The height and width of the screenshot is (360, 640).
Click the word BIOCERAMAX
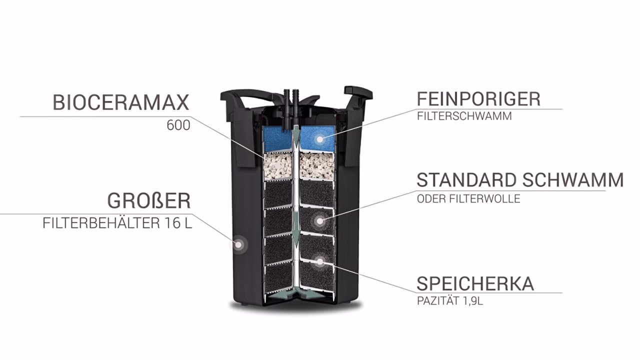tap(121, 102)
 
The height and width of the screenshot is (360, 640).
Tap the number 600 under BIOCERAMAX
tap(178, 125)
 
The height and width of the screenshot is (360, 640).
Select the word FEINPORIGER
tap(479, 99)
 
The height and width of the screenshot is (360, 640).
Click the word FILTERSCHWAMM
tap(464, 116)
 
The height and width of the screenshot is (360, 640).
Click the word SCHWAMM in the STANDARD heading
tap(573, 180)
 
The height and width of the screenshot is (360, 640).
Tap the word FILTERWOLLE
tap(484, 198)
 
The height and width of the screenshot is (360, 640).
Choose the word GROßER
tap(149, 201)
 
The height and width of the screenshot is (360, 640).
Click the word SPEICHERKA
tap(475, 283)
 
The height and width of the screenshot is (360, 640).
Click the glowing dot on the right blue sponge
tap(320, 139)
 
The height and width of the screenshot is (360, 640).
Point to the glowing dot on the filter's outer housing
tap(238, 245)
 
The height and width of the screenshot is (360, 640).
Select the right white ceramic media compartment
tap(316, 166)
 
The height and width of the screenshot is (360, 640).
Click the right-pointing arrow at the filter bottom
tap(313, 293)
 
